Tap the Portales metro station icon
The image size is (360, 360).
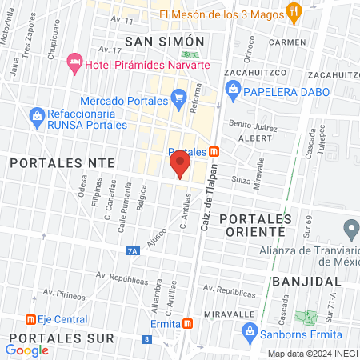pos(214,152)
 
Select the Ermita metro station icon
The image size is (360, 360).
pos(187,323)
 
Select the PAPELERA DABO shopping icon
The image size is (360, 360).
pos(234,90)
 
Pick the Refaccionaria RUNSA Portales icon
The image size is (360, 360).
pos(36,117)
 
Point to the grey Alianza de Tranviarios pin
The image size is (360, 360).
pos(350,228)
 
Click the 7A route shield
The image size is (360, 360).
pos(132,251)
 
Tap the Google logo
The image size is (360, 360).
pos(27,350)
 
